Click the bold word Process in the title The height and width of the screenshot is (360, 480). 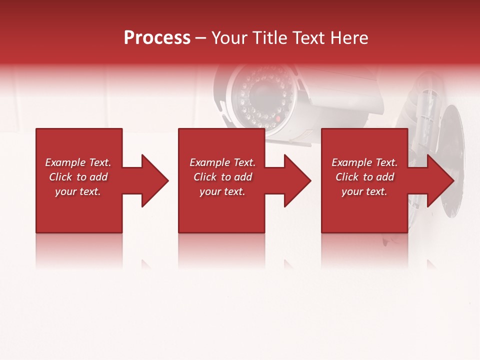(x=157, y=38)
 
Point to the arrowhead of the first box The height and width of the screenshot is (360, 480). (x=152, y=180)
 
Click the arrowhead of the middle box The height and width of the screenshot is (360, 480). (x=295, y=180)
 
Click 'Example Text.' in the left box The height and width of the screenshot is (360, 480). (x=78, y=162)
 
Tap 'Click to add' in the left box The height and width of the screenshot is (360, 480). (x=78, y=177)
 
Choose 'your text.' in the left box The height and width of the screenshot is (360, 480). (x=78, y=191)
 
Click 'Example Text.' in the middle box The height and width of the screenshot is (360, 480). (x=222, y=162)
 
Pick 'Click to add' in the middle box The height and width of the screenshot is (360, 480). (x=222, y=177)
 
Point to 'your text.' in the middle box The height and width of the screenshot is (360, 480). (x=222, y=191)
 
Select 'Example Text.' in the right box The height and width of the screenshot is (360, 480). (x=364, y=162)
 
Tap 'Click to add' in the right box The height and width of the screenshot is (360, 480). (x=364, y=177)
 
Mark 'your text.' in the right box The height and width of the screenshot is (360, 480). (x=364, y=191)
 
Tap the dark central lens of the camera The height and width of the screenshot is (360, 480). (x=262, y=92)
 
